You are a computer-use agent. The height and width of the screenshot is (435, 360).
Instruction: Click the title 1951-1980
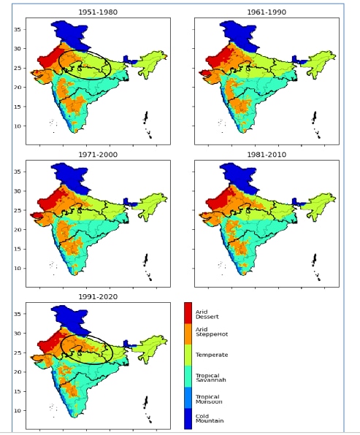(x=98, y=12)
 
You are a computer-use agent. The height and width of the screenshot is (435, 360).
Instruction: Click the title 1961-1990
(x=267, y=12)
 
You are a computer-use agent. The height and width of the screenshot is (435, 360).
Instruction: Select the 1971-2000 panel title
(x=98, y=155)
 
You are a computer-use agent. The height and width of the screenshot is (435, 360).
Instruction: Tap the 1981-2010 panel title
(x=267, y=155)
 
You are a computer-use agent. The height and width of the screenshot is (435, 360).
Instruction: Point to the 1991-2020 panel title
(x=98, y=297)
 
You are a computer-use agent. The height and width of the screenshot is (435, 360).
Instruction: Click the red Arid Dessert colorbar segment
(x=188, y=313)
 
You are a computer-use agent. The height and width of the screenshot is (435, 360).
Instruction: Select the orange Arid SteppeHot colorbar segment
(x=188, y=334)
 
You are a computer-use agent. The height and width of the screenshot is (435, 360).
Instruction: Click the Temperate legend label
(x=212, y=355)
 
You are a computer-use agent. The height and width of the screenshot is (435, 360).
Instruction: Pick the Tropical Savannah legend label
(x=211, y=377)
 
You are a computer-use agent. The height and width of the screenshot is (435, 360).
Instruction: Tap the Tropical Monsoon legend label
(x=209, y=399)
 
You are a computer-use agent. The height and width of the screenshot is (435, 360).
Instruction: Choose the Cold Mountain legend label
(x=210, y=418)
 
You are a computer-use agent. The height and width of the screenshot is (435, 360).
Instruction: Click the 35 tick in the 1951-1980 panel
(x=18, y=29)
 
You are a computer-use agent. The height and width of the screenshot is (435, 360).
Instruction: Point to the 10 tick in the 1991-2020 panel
(x=18, y=411)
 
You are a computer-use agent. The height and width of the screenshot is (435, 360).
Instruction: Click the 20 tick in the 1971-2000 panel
(x=18, y=230)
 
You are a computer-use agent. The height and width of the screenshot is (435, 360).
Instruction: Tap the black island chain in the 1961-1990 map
(x=315, y=124)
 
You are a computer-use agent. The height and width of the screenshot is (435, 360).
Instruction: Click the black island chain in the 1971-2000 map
(x=147, y=266)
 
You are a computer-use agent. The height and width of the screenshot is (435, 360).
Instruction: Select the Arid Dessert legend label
(x=207, y=315)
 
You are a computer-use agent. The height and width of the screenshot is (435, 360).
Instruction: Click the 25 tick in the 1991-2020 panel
(x=18, y=353)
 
